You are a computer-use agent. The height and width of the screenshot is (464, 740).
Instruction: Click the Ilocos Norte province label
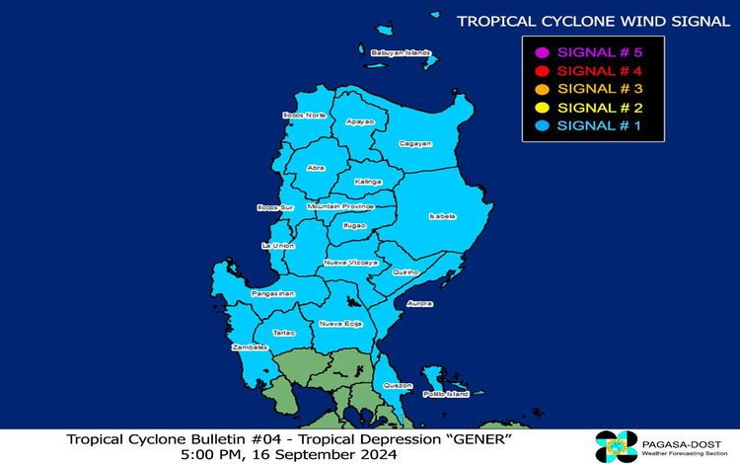304,116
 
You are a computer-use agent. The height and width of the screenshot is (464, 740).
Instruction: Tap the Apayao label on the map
361,121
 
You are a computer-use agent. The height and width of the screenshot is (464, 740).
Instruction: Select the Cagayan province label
415,144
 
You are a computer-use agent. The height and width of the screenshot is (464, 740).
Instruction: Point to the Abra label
316,168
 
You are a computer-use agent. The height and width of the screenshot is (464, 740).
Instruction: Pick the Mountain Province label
339,206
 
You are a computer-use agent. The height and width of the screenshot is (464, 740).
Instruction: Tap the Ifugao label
353,226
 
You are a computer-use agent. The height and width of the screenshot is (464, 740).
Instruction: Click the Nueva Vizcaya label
350,264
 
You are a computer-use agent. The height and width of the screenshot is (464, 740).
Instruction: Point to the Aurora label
420,303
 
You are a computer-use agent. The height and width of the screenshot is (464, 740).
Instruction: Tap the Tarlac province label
284,333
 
